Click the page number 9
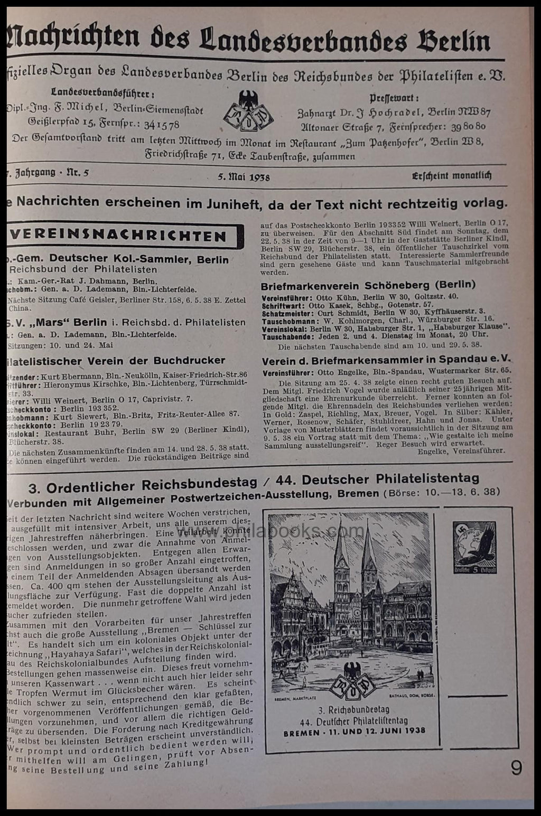tap(516, 767)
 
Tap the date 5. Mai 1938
tap(244, 177)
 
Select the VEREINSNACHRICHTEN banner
tap(125, 236)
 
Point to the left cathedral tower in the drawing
tap(341, 555)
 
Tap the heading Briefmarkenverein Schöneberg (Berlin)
tap(368, 285)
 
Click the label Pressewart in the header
tap(394, 98)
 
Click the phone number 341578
tap(158, 125)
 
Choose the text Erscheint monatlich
tap(452, 175)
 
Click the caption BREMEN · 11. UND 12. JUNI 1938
tap(354, 733)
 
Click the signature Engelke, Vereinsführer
tap(461, 451)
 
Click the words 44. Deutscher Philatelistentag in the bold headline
tap(390, 479)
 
